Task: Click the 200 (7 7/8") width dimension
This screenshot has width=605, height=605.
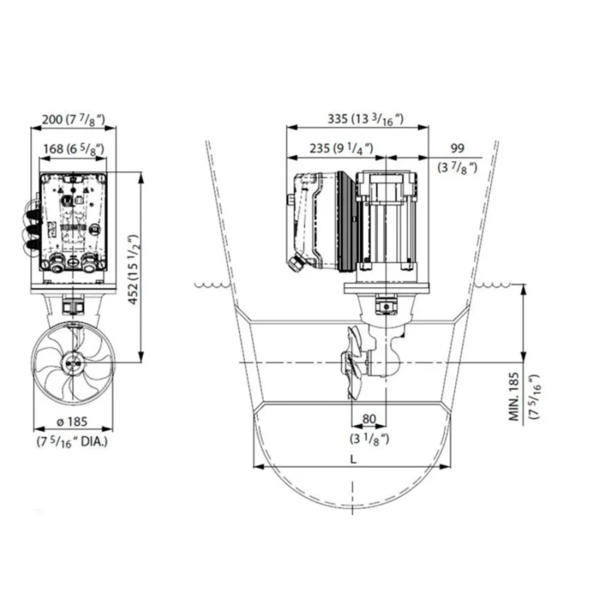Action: (x=73, y=119)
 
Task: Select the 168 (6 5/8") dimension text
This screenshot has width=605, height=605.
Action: (x=73, y=149)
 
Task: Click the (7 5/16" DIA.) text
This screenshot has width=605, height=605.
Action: (x=73, y=440)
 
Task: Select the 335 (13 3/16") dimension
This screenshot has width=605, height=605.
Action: (x=355, y=119)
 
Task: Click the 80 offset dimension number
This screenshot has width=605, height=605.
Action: (x=369, y=419)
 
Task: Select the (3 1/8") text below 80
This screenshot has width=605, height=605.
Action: (x=369, y=438)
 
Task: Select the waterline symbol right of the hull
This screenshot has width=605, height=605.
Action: (x=492, y=285)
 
